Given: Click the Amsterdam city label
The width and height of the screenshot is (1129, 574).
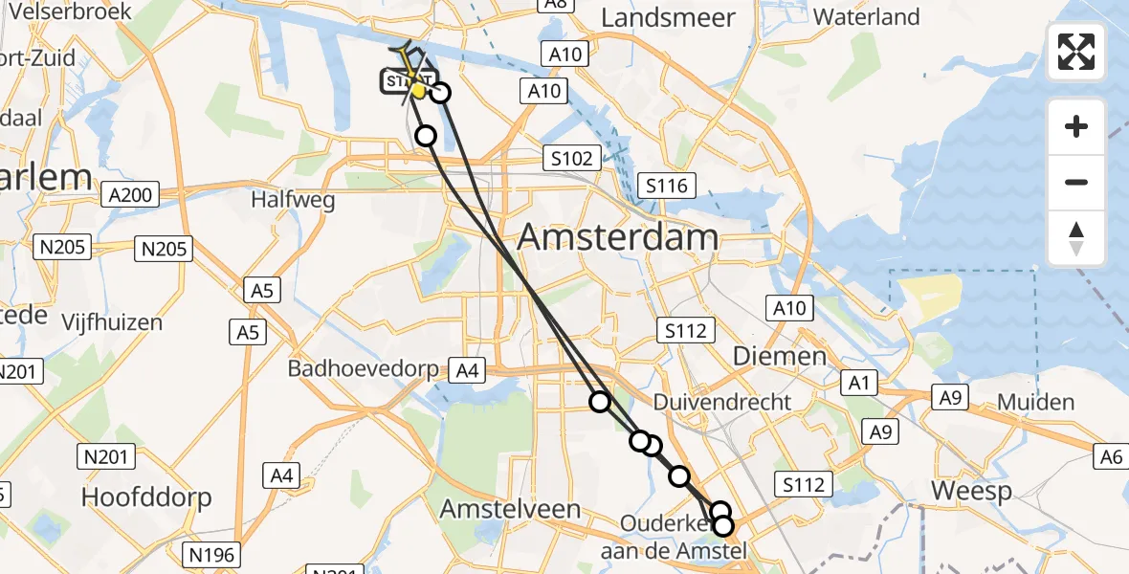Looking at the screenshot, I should (x=618, y=237).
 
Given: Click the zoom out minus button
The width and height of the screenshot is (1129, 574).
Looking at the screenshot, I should (x=1076, y=182).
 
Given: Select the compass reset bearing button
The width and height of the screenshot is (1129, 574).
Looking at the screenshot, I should (x=1076, y=238).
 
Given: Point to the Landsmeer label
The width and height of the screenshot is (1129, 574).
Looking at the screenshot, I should (x=669, y=17).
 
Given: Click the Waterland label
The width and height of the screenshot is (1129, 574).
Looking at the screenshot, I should (x=867, y=17).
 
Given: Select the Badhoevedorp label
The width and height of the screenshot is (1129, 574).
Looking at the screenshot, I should (x=364, y=368).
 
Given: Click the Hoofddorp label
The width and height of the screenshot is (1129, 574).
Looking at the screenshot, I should (x=146, y=497).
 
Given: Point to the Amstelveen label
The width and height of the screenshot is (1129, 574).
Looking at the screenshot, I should (x=510, y=510).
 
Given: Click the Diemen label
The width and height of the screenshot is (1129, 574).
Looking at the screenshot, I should (x=779, y=357).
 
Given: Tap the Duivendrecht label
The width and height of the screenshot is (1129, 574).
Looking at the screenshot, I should (x=722, y=402).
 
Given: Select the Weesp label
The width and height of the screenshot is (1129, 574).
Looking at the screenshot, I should (x=972, y=492).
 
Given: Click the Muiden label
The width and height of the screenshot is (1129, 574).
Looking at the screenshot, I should (x=1035, y=402).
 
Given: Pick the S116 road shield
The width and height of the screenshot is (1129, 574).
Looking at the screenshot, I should (x=667, y=186).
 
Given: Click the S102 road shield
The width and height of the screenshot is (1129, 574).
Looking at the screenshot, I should (x=571, y=159).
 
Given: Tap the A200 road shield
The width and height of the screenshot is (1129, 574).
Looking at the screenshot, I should (x=131, y=196).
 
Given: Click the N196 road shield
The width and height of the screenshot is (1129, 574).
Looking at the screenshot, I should (x=211, y=554).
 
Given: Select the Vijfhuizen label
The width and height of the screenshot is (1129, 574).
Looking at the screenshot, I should (x=112, y=322).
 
